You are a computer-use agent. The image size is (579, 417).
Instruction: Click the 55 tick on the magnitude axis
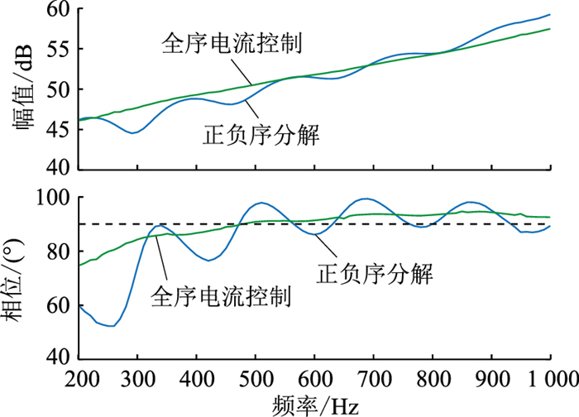point(59,50)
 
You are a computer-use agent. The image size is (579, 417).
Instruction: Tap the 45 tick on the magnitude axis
point(59,128)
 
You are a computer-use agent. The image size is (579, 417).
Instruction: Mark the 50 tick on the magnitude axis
point(59,89)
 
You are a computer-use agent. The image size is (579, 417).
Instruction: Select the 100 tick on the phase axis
point(54,198)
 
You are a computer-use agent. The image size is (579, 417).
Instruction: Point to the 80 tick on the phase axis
point(59,252)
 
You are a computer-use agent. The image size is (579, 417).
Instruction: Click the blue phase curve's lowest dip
point(110,326)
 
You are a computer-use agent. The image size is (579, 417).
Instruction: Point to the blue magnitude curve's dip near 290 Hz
point(132,132)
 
